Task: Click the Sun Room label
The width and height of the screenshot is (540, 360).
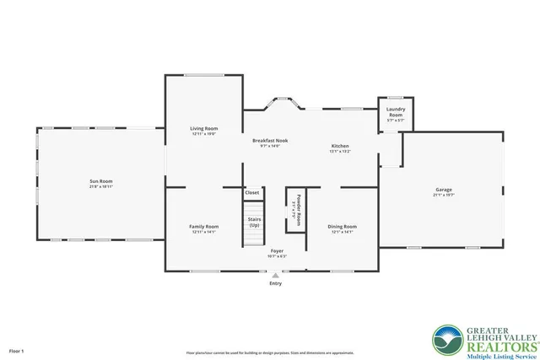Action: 101,181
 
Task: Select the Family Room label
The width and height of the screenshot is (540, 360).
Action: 203,226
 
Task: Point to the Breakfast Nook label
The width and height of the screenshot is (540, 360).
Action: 270,141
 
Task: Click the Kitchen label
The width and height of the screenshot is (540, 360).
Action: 339,146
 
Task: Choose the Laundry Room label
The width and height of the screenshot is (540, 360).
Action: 396,111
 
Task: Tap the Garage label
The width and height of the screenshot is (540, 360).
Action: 444,190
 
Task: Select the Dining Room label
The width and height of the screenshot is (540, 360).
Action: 342,226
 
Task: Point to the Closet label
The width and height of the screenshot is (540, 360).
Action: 252,193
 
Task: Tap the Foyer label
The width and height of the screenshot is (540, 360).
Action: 276,251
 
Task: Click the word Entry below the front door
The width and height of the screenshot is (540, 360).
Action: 276,283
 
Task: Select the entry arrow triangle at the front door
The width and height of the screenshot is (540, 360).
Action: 276,274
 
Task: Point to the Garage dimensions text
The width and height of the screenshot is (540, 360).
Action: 444,195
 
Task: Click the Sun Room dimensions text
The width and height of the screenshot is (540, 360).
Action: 101,186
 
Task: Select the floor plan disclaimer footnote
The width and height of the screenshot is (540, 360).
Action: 270,352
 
